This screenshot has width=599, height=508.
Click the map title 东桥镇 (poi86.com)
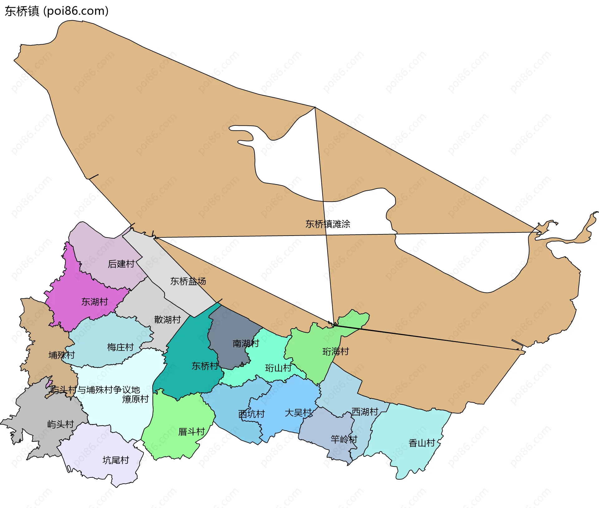click(56, 11)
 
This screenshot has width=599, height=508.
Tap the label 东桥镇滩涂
click(328, 224)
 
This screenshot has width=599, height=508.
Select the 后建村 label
click(121, 264)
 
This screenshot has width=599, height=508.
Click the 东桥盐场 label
click(188, 281)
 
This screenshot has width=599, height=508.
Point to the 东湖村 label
click(95, 302)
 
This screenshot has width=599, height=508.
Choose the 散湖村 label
click(168, 320)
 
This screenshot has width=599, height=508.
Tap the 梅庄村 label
click(120, 347)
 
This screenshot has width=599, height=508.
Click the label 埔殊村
click(62, 355)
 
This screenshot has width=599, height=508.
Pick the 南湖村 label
click(246, 344)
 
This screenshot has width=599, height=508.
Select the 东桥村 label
click(205, 366)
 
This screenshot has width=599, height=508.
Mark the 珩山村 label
click(278, 368)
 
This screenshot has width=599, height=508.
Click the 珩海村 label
click(336, 352)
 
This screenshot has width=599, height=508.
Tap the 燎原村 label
click(135, 399)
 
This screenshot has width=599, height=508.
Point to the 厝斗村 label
click(192, 432)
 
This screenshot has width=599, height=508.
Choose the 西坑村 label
click(251, 414)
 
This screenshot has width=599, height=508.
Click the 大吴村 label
click(298, 413)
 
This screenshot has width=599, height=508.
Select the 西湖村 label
click(365, 412)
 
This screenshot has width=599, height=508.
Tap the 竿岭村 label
click(344, 439)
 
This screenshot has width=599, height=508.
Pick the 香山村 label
click(422, 443)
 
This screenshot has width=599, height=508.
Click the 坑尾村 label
click(116, 460)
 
